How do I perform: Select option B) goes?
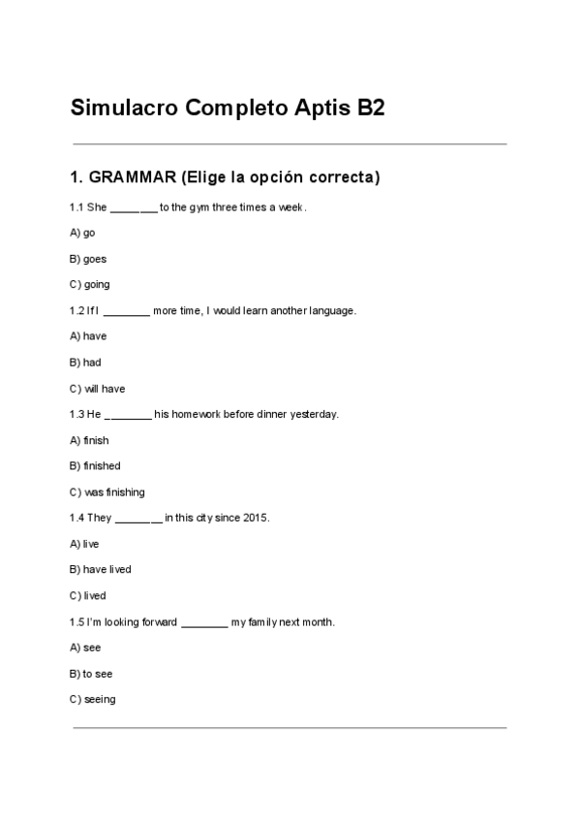click(x=88, y=259)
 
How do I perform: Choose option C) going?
click(x=90, y=285)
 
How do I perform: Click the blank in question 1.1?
click(x=134, y=207)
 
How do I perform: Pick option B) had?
click(x=85, y=363)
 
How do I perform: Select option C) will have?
click(x=97, y=389)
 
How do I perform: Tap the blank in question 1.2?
click(x=126, y=311)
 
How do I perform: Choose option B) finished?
click(x=95, y=466)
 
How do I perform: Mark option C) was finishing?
click(x=107, y=492)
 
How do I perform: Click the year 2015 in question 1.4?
click(x=256, y=518)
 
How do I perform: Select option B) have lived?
click(x=101, y=570)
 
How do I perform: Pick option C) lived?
click(x=88, y=596)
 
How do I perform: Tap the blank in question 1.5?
click(x=204, y=622)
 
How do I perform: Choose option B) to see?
click(x=91, y=674)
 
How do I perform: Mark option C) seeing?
click(x=93, y=700)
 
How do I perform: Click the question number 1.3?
click(x=76, y=414)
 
